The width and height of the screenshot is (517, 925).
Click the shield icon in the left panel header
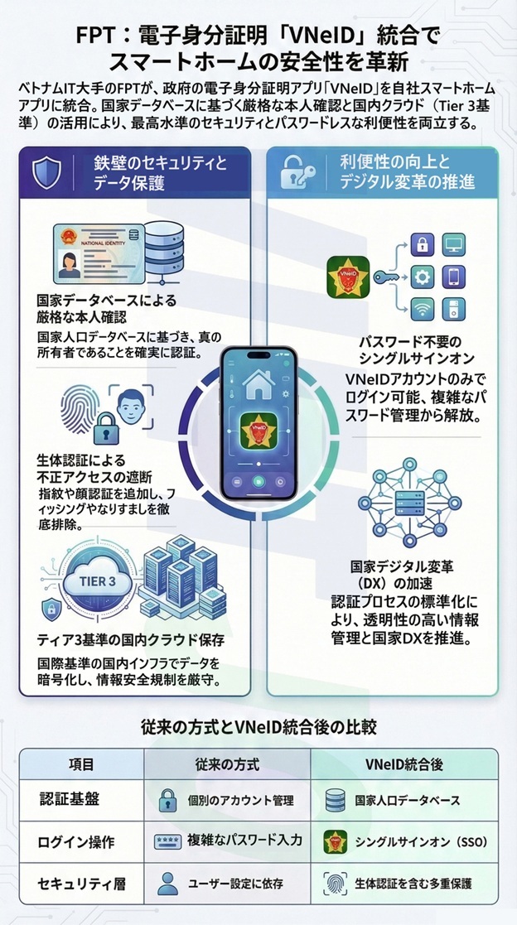tap(46, 171)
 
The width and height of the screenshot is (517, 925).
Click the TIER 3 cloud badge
tap(82, 581)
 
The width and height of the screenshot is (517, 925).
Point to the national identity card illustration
tap(90, 252)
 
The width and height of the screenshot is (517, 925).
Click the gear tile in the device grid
tap(422, 277)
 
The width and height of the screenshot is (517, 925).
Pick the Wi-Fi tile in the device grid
tap(422, 308)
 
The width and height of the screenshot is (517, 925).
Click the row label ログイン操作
tap(75, 841)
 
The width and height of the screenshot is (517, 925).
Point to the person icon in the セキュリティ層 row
tap(168, 881)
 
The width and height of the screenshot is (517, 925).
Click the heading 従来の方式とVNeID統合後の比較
tap(258, 727)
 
